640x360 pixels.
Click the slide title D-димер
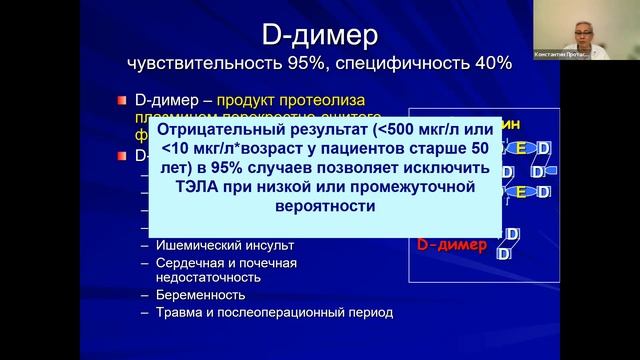pyautogui.click(x=319, y=37)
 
